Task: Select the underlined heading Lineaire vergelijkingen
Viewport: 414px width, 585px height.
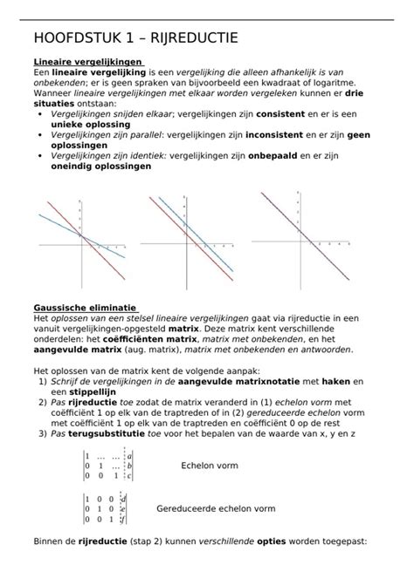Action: click(88, 63)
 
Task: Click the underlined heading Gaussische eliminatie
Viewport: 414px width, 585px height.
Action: click(85, 308)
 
